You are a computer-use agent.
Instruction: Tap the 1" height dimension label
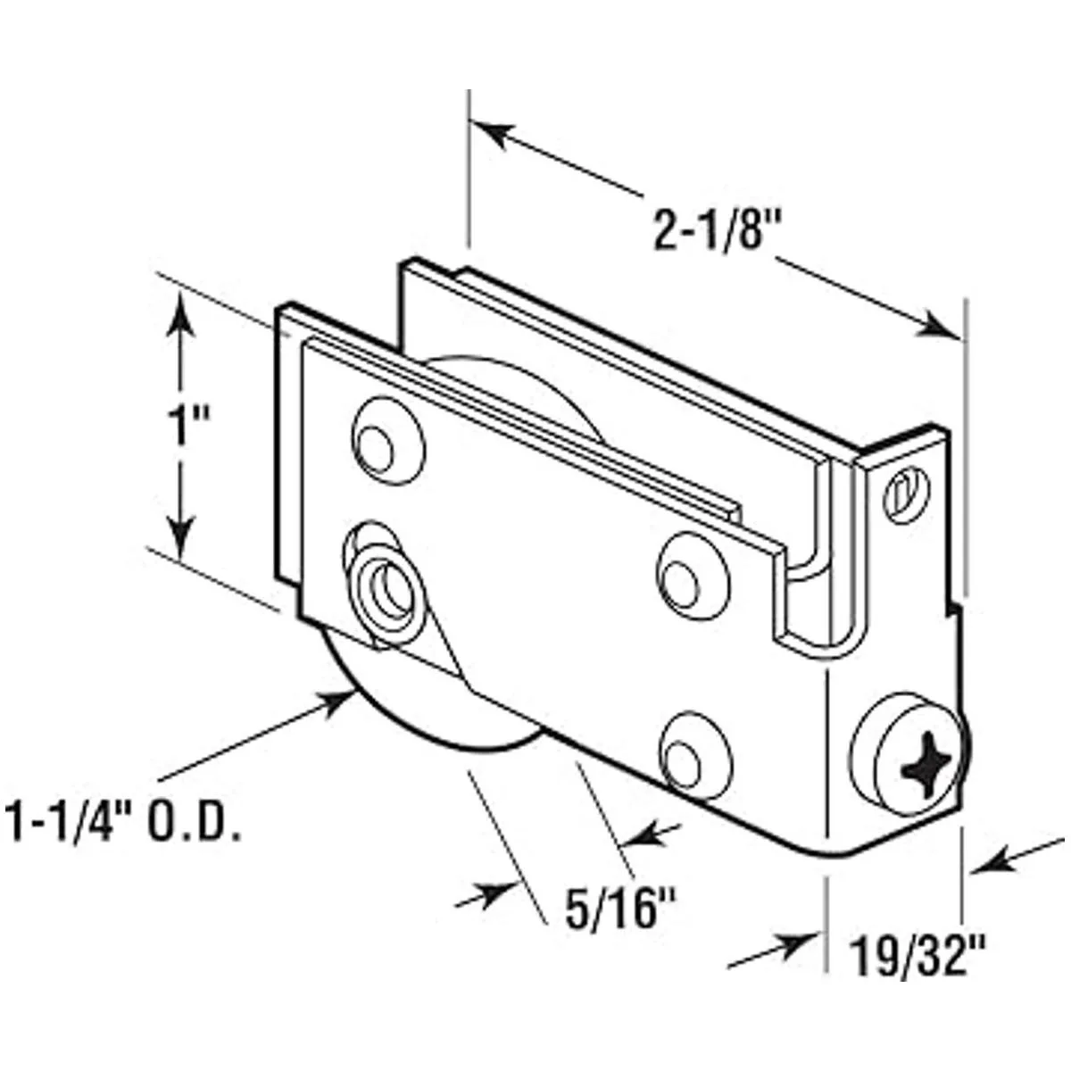(x=186, y=427)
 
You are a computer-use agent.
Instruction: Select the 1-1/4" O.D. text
(x=123, y=822)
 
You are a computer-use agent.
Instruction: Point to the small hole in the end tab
(x=902, y=494)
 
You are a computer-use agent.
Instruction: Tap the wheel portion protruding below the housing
(x=428, y=714)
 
